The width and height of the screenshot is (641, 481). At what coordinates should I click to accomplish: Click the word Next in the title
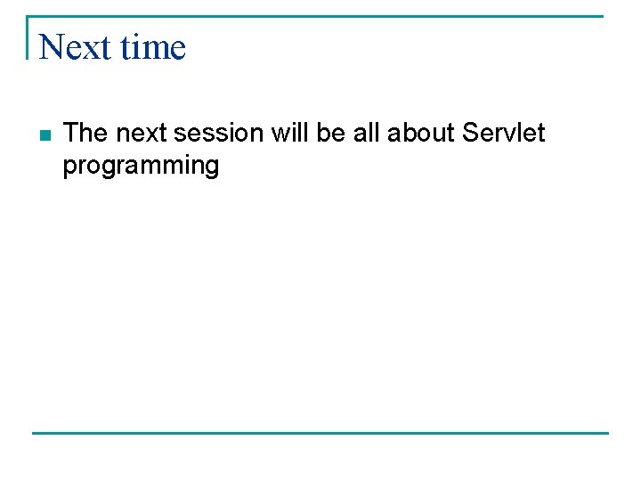tap(75, 47)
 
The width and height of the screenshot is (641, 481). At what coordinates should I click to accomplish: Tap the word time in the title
tap(153, 47)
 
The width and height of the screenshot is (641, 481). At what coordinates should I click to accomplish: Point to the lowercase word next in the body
tap(142, 134)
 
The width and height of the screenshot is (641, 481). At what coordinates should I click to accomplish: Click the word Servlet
tap(504, 134)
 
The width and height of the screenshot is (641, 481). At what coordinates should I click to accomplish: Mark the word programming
tap(141, 167)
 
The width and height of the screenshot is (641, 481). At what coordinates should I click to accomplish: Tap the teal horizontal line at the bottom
tap(320, 433)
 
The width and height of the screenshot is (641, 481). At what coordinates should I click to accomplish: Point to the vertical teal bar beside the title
tap(28, 37)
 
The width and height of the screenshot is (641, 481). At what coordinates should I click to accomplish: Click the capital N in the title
tap(51, 47)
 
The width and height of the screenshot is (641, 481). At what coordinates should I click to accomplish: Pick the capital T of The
tap(72, 134)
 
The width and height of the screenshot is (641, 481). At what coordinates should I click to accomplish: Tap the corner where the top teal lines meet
tap(28, 16)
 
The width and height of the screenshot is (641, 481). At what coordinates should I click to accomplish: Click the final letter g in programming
tap(210, 168)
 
